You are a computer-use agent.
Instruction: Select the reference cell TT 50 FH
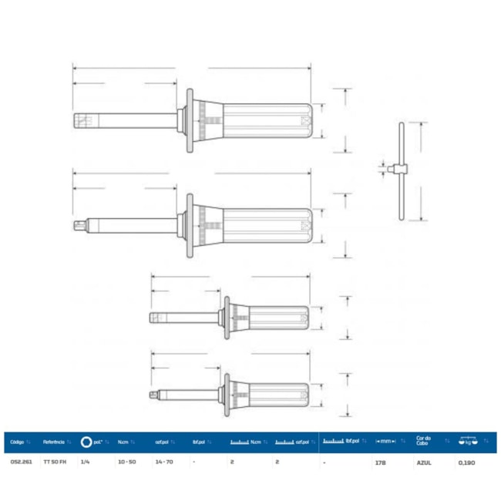pyautogui.click(x=54, y=462)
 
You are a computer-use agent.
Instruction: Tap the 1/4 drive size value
pyautogui.click(x=85, y=462)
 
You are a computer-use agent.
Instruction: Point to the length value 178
pyautogui.click(x=381, y=462)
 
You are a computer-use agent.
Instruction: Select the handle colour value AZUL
pyautogui.click(x=423, y=462)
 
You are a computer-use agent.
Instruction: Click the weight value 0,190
pyautogui.click(x=466, y=462)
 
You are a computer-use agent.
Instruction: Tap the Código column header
pyautogui.click(x=18, y=442)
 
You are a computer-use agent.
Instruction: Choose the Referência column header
pyautogui.click(x=54, y=442)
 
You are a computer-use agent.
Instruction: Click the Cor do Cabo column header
pyautogui.click(x=423, y=442)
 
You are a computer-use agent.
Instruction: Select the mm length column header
pyautogui.click(x=384, y=442)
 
